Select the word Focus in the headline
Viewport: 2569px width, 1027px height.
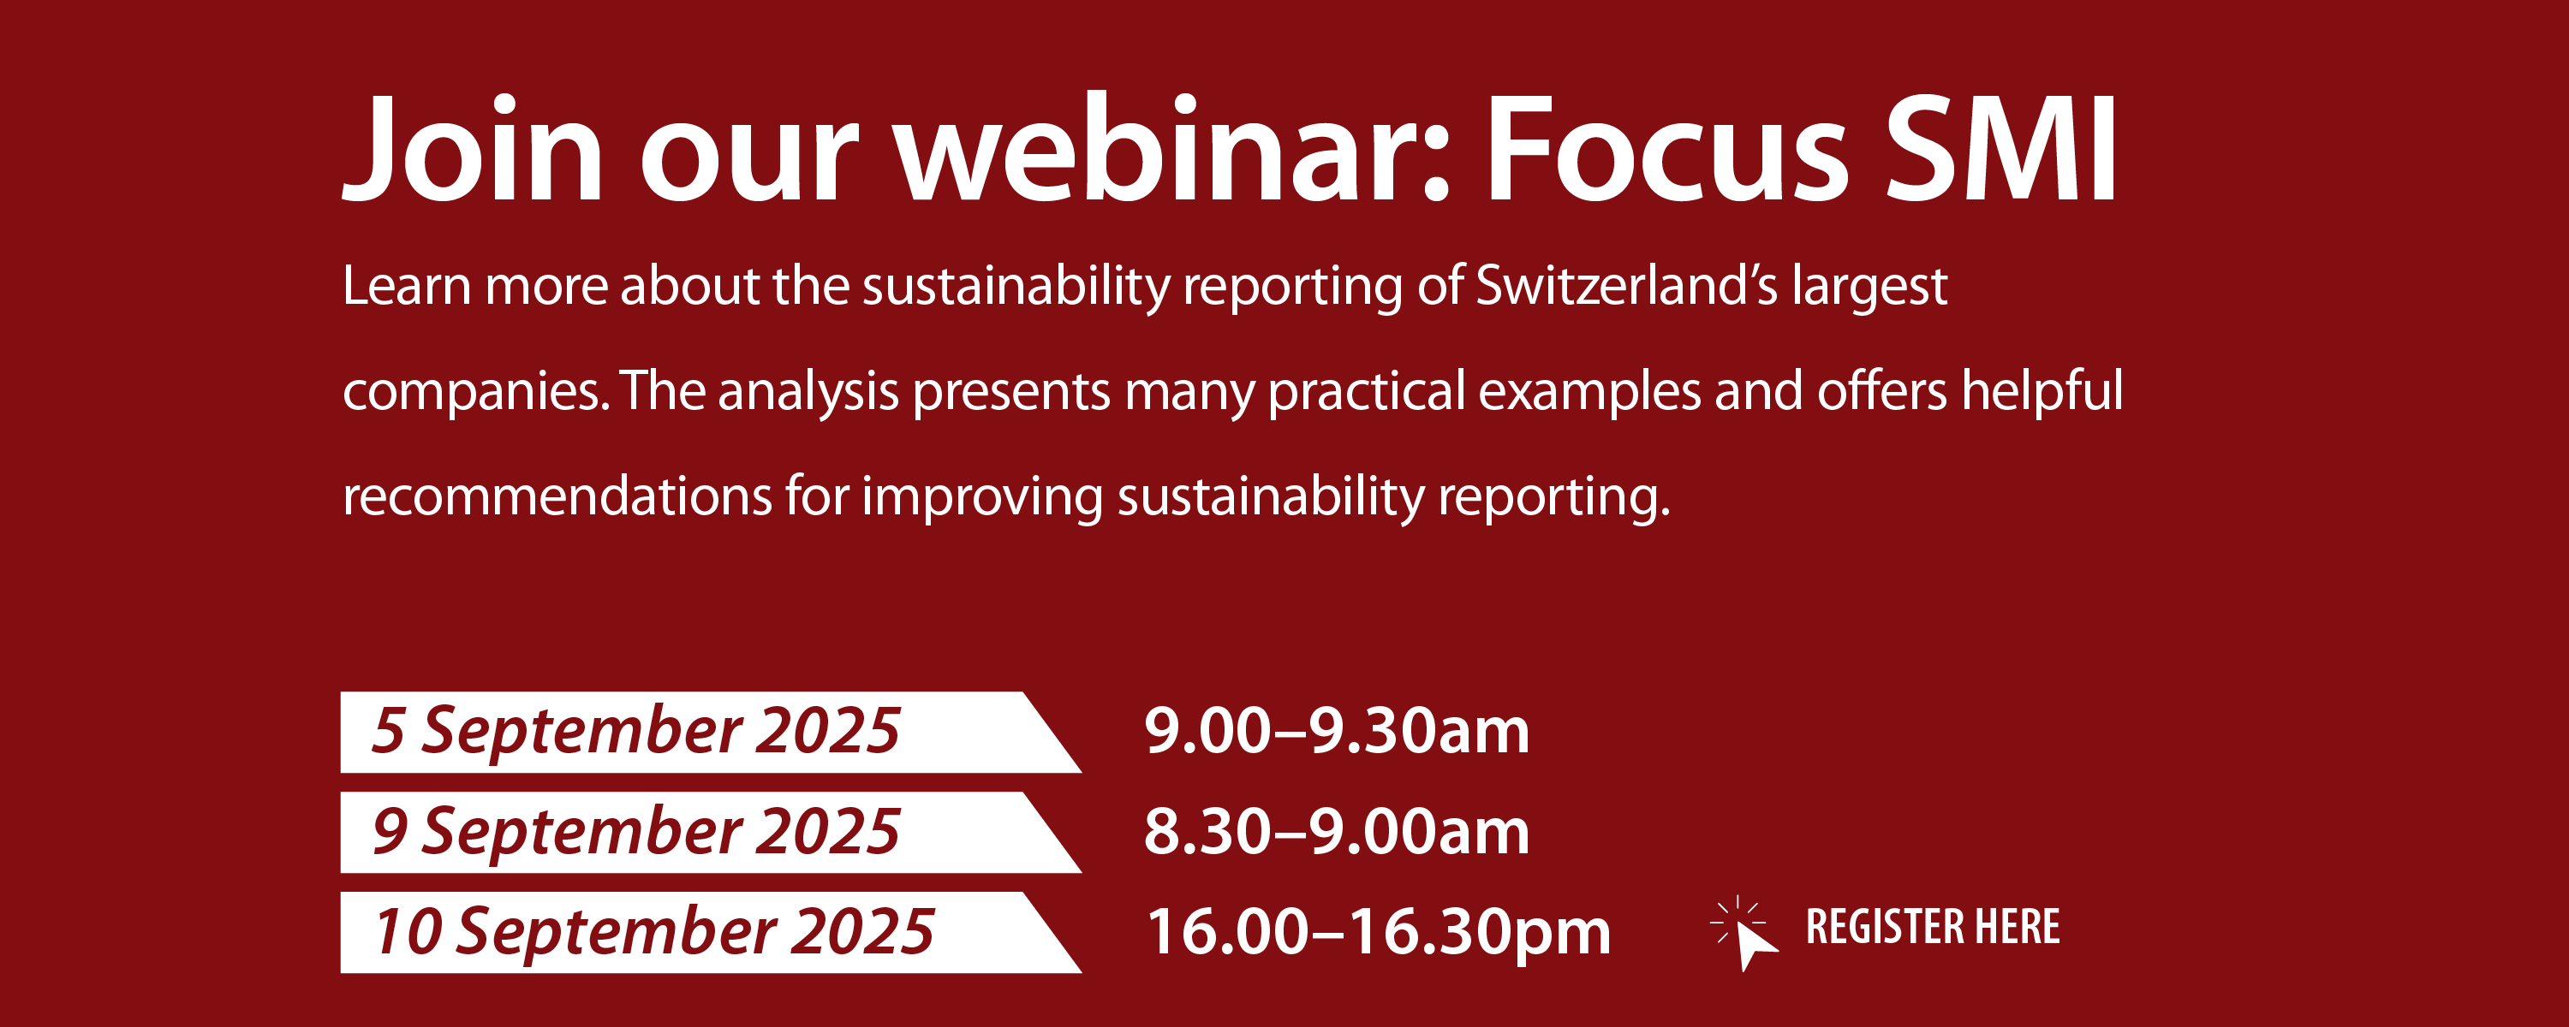pyautogui.click(x=1666, y=150)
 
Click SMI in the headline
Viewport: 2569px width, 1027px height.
pyautogui.click(x=2000, y=150)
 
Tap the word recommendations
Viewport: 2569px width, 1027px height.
pyautogui.click(x=557, y=496)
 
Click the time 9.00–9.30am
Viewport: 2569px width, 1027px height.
pyautogui.click(x=1337, y=731)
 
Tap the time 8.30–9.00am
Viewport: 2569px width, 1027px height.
pyautogui.click(x=1337, y=832)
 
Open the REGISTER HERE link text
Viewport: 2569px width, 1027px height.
pyautogui.click(x=1933, y=927)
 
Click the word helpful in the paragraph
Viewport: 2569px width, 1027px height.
pyautogui.click(x=2042, y=391)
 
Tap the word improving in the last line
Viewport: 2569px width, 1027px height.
pyautogui.click(x=982, y=496)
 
